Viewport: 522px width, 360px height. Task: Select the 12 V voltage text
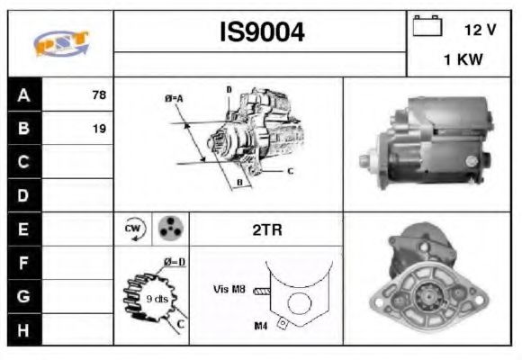pyautogui.click(x=481, y=30)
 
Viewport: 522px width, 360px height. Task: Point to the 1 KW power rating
pyautogui.click(x=461, y=59)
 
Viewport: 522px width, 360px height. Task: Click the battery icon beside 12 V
pyautogui.click(x=426, y=28)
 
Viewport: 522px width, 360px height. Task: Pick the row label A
pyautogui.click(x=24, y=94)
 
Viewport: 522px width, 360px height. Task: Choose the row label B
pyautogui.click(x=24, y=128)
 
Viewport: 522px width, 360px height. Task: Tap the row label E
pyautogui.click(x=24, y=229)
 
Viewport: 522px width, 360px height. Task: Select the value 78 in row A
pyautogui.click(x=99, y=94)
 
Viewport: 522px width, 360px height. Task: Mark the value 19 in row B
pyautogui.click(x=99, y=129)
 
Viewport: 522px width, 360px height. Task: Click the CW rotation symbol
pyautogui.click(x=132, y=229)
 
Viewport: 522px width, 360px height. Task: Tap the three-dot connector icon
pyautogui.click(x=169, y=229)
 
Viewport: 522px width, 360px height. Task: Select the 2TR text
pyautogui.click(x=267, y=230)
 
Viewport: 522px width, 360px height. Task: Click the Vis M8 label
pyautogui.click(x=229, y=289)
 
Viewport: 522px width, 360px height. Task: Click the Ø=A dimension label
pyautogui.click(x=174, y=97)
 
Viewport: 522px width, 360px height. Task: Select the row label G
pyautogui.click(x=24, y=295)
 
